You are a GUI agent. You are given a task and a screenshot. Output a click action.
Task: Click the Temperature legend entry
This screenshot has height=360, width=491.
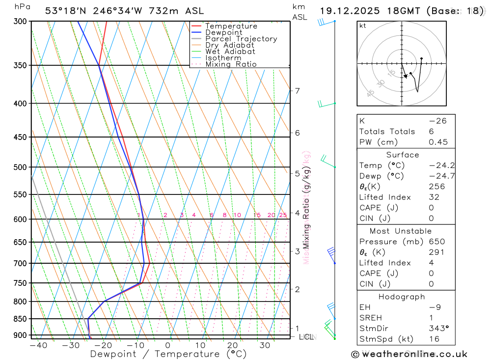coord(231,26)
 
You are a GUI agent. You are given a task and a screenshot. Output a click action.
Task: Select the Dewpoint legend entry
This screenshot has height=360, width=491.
coord(223,32)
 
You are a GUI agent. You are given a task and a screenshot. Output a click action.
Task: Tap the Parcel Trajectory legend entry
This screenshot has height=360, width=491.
coord(241,39)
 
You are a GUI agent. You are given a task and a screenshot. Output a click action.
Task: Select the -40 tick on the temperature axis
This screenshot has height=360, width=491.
coord(38,345)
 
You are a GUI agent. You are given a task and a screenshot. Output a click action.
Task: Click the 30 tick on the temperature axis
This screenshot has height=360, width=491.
coord(265,345)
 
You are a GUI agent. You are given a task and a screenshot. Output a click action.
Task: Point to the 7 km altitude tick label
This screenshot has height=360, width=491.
coord(297,91)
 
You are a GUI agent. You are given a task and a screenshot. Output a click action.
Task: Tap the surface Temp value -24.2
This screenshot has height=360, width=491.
coord(434,166)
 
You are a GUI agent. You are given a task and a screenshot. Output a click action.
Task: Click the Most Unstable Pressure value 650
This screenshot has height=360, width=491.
coord(436,242)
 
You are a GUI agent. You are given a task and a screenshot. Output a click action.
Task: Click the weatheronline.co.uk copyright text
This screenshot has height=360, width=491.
coord(409,354)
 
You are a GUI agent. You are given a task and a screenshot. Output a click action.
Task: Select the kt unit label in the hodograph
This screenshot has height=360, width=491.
coord(363,26)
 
